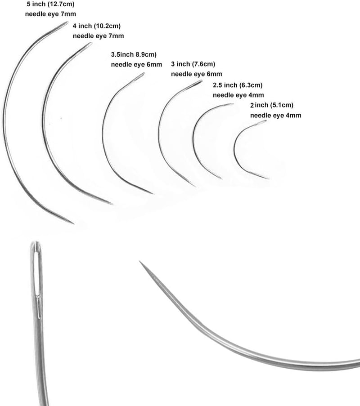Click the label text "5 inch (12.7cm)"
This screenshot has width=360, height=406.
pos(50,4)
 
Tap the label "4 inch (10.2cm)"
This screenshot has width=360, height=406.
pos(97,26)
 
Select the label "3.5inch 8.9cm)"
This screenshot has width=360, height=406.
pos(134,55)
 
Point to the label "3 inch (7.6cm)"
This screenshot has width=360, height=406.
pos(193,64)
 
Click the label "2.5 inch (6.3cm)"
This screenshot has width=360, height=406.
pos(238,85)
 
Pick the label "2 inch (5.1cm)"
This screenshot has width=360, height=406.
pos(272,105)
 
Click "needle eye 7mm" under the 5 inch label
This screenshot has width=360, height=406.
pos(50,14)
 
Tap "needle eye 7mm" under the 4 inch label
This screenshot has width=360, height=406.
pos(98,36)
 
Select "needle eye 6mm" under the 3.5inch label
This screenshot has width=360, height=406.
pos(136,64)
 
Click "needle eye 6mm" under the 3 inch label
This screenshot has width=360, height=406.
pos(197,74)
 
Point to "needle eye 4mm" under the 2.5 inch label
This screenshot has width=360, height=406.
pos(238,95)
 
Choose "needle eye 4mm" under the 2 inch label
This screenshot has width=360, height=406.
pos(275,115)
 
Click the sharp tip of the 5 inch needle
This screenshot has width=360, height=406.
pos(74,223)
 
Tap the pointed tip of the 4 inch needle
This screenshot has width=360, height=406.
pos(112,204)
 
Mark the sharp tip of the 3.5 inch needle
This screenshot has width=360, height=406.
pos(153,193)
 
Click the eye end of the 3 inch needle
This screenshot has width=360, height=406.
pos(202,81)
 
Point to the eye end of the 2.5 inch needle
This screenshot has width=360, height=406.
pos(233,104)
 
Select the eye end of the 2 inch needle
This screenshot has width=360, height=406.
pos(266,120)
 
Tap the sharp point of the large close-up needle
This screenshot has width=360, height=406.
pos(139,261)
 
